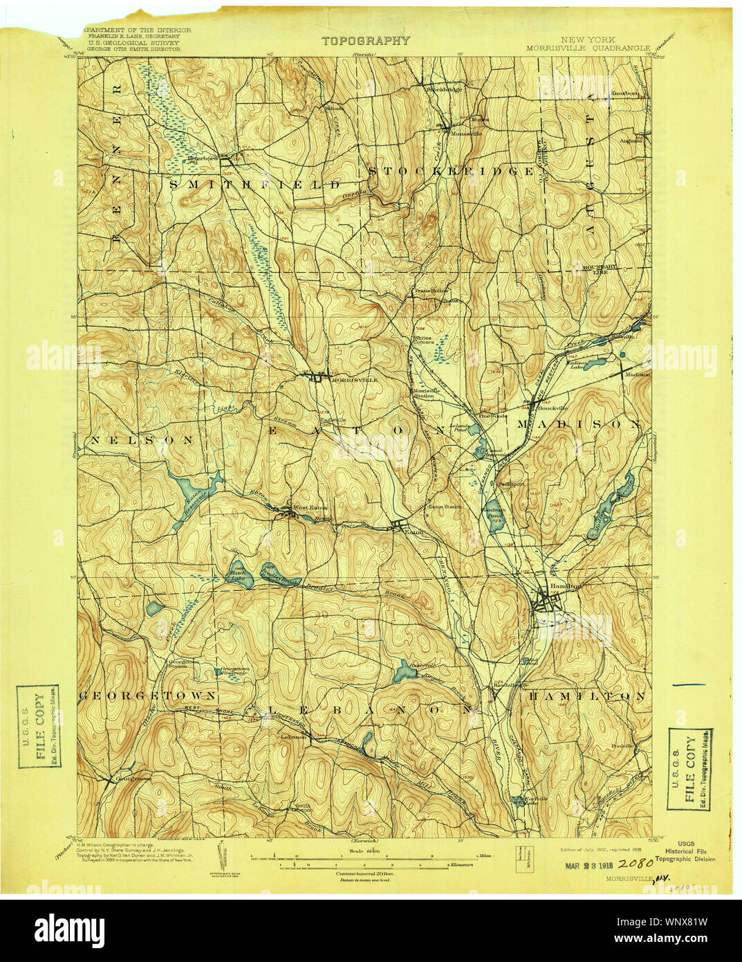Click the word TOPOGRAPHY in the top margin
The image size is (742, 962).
(x=365, y=41)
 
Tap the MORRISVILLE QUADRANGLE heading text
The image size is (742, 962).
(x=587, y=48)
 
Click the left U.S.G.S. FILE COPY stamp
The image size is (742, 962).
(x=38, y=727)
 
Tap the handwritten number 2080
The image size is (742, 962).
(x=636, y=864)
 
